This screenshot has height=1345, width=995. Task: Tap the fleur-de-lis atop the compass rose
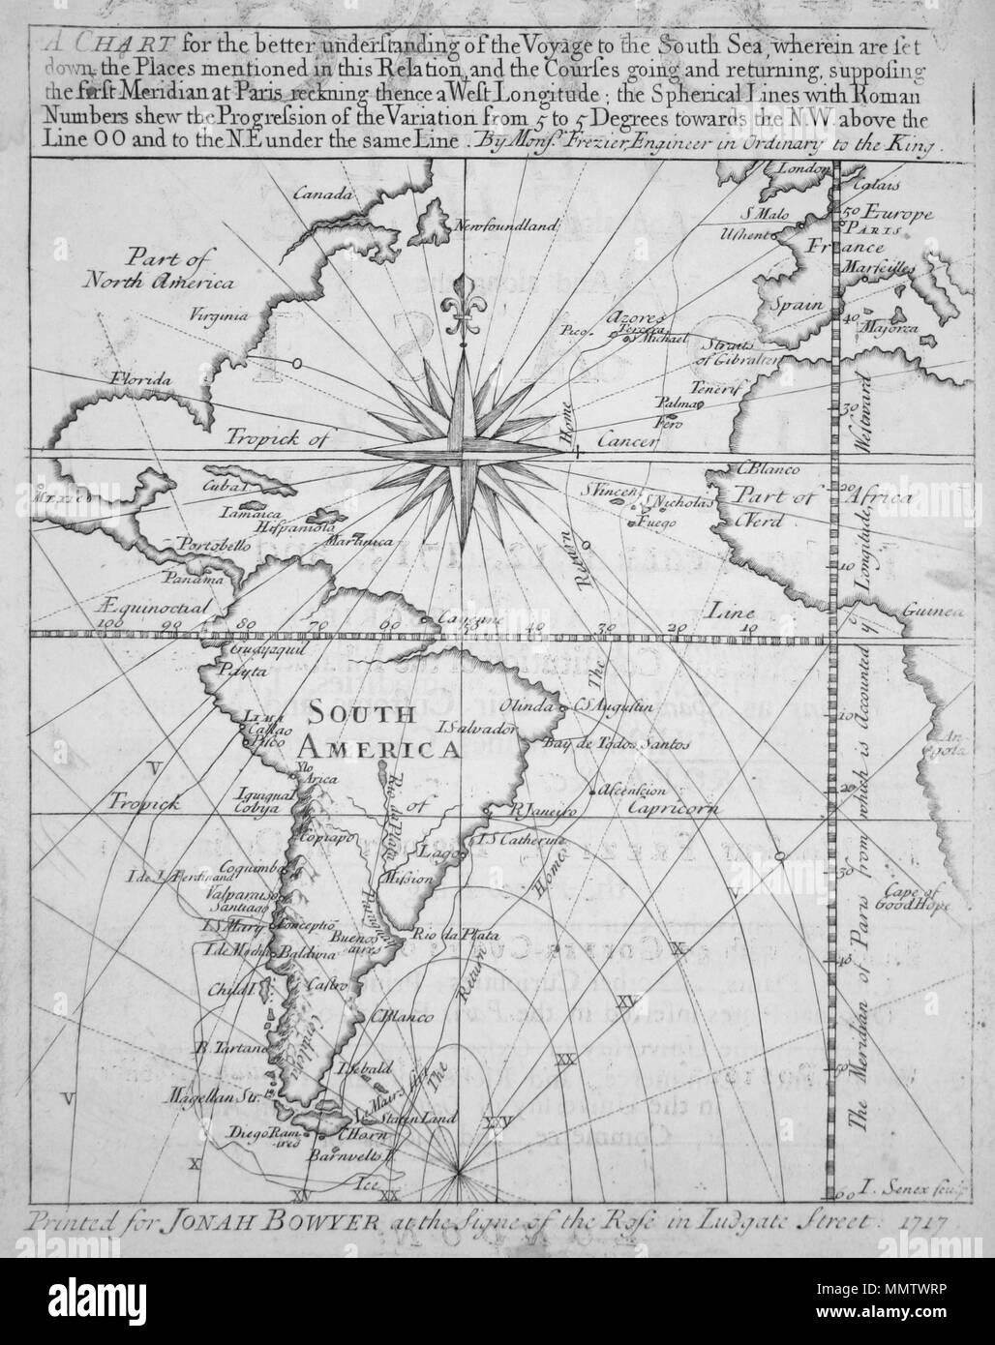(464, 313)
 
